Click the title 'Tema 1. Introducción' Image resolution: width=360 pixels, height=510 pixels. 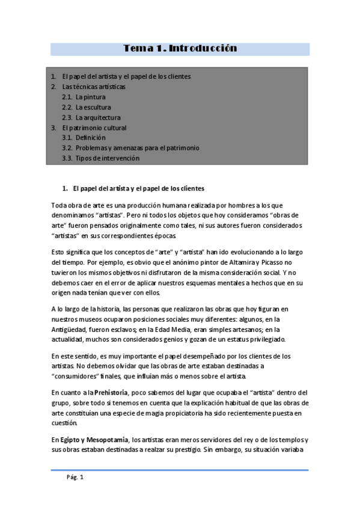(x=180, y=48)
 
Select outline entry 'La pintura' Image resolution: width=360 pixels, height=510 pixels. (x=90, y=97)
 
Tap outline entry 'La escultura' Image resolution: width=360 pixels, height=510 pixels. (x=93, y=107)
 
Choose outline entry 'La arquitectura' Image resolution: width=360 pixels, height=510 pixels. (x=98, y=117)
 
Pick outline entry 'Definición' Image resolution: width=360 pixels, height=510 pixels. (x=90, y=138)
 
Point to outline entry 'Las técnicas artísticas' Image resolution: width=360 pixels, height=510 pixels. (x=94, y=87)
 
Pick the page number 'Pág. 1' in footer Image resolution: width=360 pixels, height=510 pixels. (x=75, y=478)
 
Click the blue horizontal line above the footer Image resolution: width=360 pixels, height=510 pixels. (x=180, y=470)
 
